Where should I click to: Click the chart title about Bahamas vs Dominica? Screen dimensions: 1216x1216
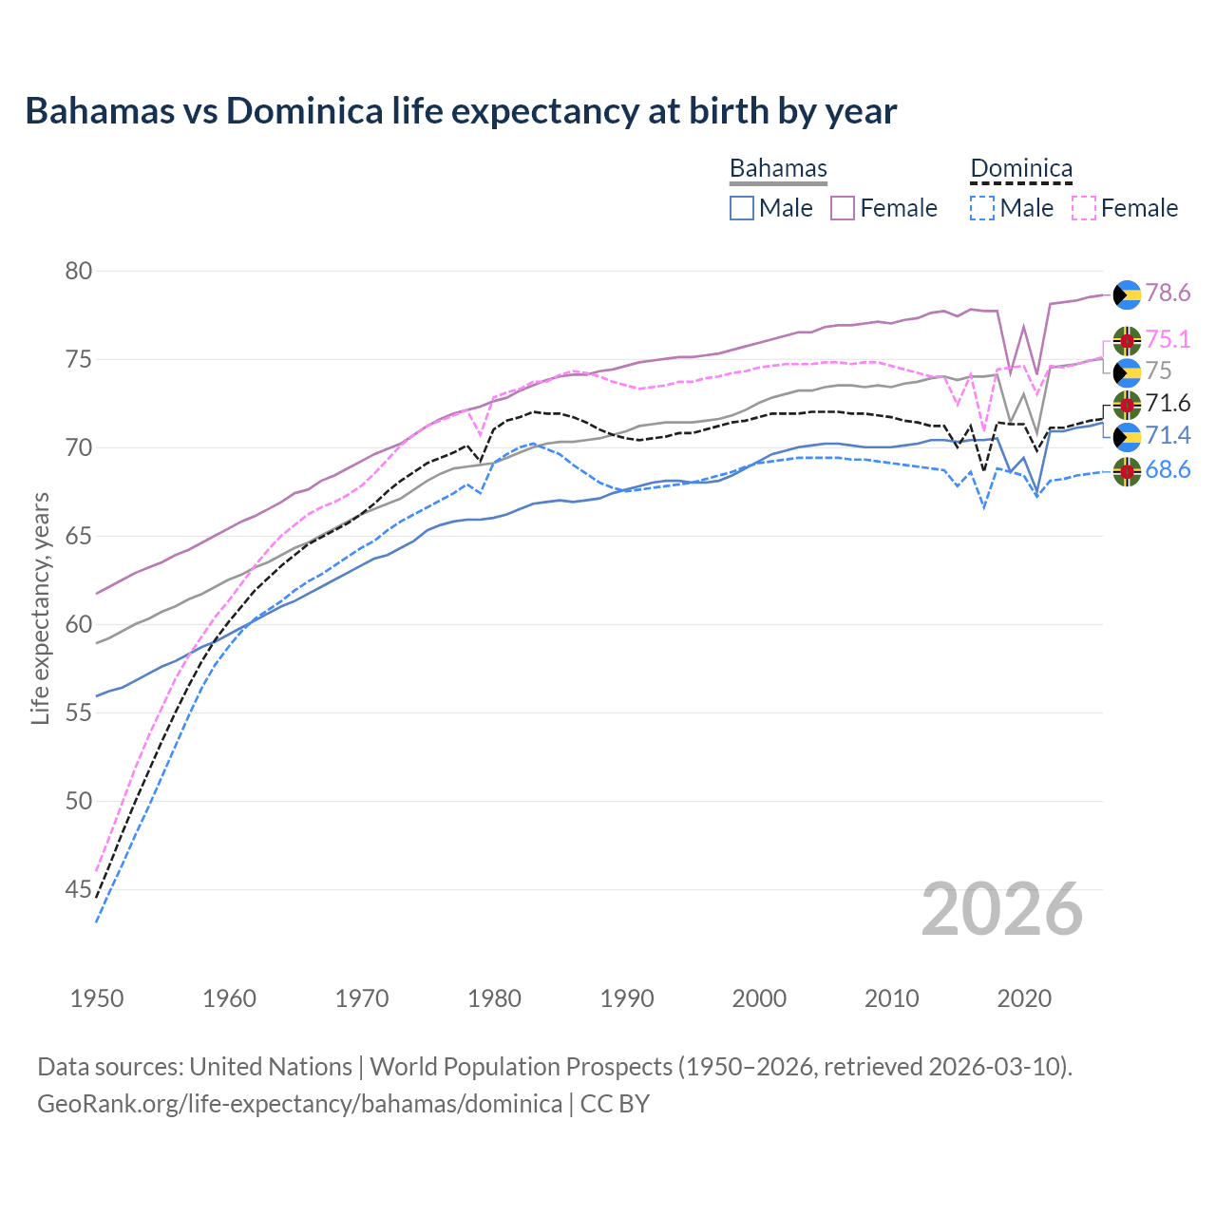pos(461,111)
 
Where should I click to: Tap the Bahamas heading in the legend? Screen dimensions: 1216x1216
pos(778,168)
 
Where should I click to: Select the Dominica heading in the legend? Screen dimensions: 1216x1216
pos(1021,168)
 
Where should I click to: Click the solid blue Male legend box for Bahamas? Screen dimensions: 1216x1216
pos(742,208)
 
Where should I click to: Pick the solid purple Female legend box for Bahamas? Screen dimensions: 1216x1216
pos(843,208)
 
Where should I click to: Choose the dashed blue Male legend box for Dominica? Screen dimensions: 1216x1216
pos(982,208)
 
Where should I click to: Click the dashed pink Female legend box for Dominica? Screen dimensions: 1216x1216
pos(1084,208)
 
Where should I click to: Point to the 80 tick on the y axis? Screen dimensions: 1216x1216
pos(79,272)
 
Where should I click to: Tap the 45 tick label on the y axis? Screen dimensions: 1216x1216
pos(79,890)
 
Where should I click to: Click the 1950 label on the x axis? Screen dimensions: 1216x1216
pos(97,998)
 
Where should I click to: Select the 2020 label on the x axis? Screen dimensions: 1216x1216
pos(1024,998)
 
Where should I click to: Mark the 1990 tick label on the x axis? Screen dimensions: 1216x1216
pos(627,998)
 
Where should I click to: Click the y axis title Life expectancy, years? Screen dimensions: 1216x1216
pos(40,608)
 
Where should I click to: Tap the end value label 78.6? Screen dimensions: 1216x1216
pos(1168,294)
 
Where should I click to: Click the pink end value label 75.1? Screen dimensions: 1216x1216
pos(1168,340)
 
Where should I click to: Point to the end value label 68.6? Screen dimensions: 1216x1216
pos(1168,470)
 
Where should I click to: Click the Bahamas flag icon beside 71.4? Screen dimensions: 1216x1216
pos(1127,436)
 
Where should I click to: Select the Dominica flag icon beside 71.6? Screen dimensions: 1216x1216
pos(1127,404)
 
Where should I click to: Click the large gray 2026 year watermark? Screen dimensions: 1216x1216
pos(1002,909)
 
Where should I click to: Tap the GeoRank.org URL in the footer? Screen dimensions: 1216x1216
pos(299,1104)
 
